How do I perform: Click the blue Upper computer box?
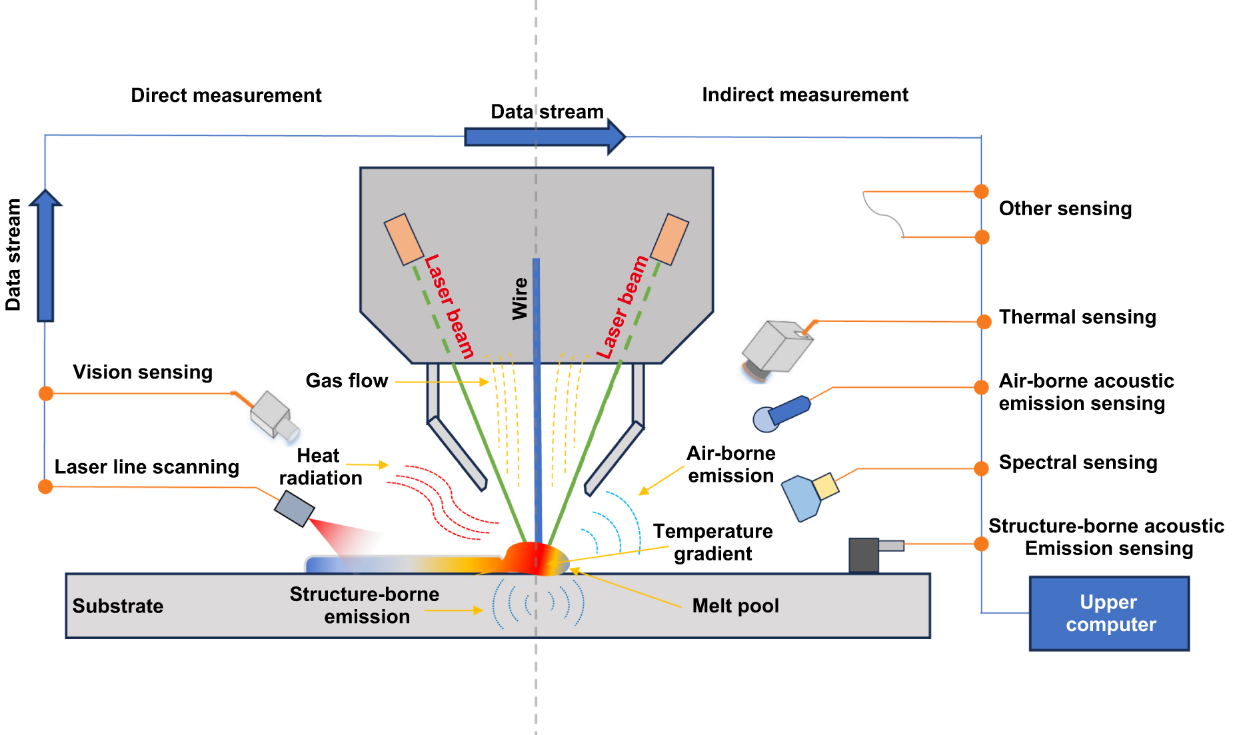tap(1109, 613)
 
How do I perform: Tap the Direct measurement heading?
tap(226, 95)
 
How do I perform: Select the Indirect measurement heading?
tap(804, 95)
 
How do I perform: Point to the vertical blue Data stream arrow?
tap(45, 257)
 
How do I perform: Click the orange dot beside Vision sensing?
tap(46, 393)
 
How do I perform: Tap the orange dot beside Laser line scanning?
tap(45, 486)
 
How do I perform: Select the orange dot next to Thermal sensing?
tap(984, 322)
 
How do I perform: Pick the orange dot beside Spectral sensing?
tap(981, 468)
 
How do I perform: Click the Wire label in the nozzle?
tap(520, 299)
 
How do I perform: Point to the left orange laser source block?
tap(404, 239)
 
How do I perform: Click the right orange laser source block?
tap(669, 239)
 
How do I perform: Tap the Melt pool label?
tap(735, 606)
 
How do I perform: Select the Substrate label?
tap(118, 606)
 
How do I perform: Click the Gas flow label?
tap(347, 380)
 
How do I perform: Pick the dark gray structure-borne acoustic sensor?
tap(864, 555)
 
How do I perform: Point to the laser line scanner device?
tap(294, 508)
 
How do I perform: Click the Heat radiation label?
tap(320, 466)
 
